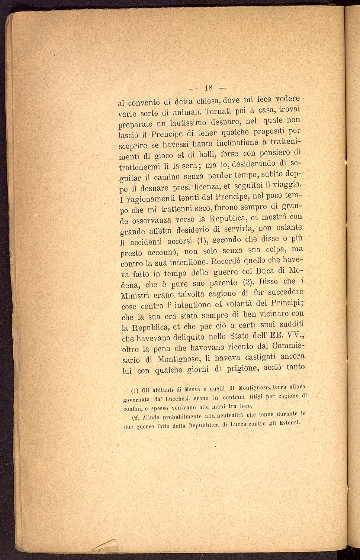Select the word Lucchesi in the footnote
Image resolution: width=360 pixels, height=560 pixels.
coord(177,399)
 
